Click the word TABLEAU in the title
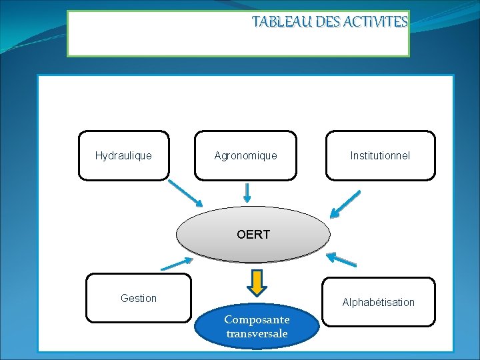275,22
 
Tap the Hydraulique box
123,155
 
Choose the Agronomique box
245,155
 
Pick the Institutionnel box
380,155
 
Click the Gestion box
139,298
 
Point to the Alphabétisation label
378,302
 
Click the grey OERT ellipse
253,234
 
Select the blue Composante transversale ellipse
257,327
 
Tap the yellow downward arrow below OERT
257,282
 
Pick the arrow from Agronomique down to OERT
247,193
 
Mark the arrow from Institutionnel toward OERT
345,205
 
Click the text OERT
253,234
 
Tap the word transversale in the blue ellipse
257,333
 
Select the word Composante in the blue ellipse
257,319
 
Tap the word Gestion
139,298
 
